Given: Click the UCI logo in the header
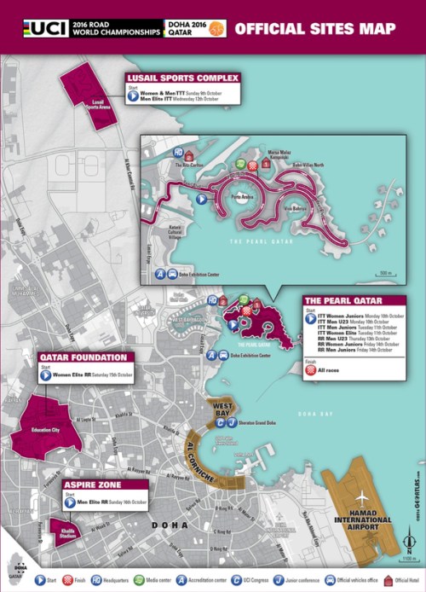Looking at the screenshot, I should pos(33,27).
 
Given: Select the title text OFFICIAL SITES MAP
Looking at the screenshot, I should pos(314,28).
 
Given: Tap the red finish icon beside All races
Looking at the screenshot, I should pos(310,371).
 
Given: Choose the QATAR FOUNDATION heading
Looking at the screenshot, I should pos(83,357).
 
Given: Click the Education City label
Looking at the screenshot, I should pos(44,431).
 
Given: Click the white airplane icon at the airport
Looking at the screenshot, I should pos(362,496).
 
